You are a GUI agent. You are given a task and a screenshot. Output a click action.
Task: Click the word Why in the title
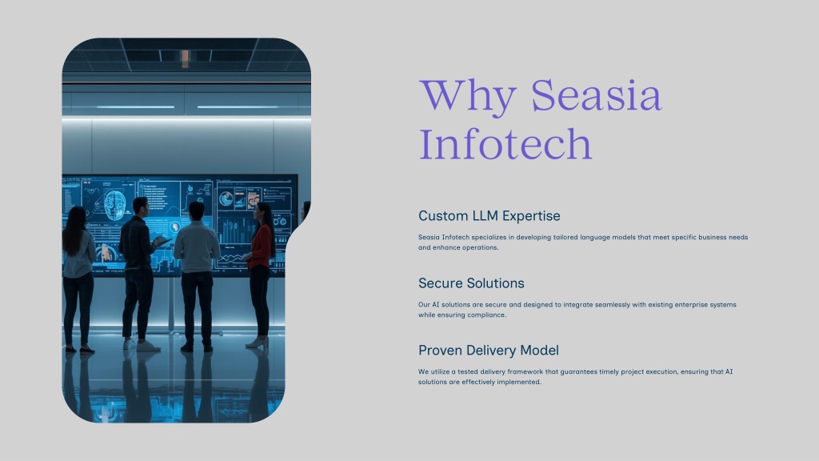(x=467, y=96)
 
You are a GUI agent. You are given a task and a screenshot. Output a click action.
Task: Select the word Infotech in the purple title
(x=505, y=143)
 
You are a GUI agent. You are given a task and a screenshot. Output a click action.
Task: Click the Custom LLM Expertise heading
(x=489, y=216)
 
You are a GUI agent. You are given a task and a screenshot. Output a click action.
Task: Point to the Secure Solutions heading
(x=471, y=283)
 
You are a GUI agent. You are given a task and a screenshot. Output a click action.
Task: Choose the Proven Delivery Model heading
(x=489, y=351)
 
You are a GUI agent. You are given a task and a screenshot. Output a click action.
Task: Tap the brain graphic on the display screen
(x=114, y=205)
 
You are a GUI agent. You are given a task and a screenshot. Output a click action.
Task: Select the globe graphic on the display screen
(x=226, y=198)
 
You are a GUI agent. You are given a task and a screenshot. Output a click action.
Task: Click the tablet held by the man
(x=162, y=242)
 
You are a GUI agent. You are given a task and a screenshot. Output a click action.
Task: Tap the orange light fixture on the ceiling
(x=185, y=58)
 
